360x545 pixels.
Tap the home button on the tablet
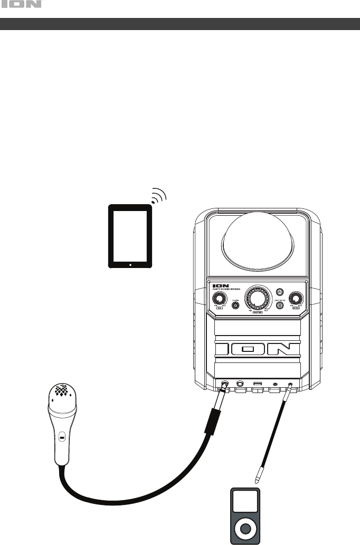[130, 264]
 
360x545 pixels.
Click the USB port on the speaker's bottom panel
[258, 384]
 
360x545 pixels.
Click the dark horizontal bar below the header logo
[180, 24]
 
